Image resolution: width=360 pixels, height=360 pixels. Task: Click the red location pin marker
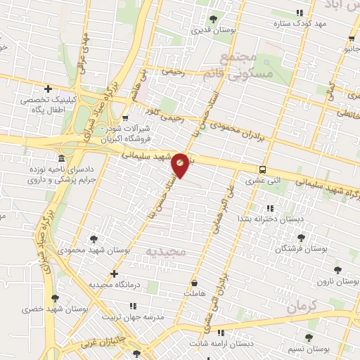[180, 165]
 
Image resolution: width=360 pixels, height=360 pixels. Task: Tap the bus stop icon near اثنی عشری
[262, 169]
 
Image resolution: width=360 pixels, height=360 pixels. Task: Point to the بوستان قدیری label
[214, 31]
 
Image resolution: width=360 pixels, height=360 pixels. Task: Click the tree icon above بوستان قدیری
[214, 19]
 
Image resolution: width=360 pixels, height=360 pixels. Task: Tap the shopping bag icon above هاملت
[193, 283]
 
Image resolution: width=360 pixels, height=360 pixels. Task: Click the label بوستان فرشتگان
[300, 250]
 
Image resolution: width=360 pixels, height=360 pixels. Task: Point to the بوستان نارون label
[337, 281]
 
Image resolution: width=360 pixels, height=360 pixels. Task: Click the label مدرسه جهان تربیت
[134, 317]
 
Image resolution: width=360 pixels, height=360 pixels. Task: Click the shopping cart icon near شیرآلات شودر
[125, 119]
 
